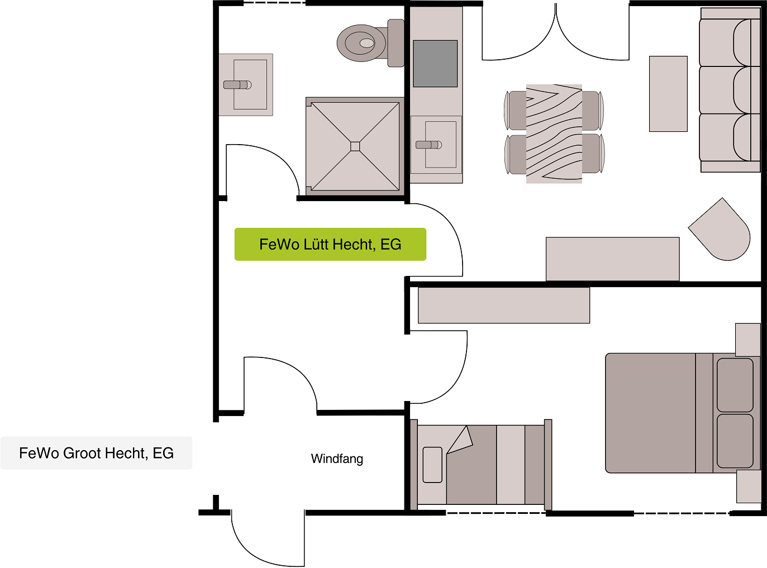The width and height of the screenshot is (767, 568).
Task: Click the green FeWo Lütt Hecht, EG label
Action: pyautogui.click(x=330, y=244)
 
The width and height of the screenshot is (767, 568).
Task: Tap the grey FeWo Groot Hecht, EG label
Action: pyautogui.click(x=96, y=453)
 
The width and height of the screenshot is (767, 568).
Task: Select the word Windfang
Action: pyautogui.click(x=337, y=459)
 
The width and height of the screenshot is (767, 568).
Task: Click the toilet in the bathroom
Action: pyautogui.click(x=370, y=43)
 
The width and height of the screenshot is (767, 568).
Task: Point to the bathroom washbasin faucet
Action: pyautogui.click(x=237, y=85)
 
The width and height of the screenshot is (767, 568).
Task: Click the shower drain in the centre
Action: pyautogui.click(x=355, y=146)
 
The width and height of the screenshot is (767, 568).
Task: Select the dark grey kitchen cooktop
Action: pyautogui.click(x=435, y=64)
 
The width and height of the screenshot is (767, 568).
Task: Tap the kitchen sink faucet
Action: pyautogui.click(x=428, y=145)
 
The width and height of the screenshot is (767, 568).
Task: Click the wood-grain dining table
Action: pyautogui.click(x=554, y=134)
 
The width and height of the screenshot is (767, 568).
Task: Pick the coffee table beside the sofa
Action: pyautogui.click(x=668, y=94)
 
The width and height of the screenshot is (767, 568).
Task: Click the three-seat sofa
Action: pyautogui.click(x=730, y=90)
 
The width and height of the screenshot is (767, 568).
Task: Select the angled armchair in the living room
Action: pyautogui.click(x=721, y=231)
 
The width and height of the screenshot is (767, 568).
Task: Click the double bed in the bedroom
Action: pyautogui.click(x=683, y=413)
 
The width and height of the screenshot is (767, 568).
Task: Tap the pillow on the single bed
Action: pyautogui.click(x=432, y=465)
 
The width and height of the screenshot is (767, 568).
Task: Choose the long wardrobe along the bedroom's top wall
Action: pyautogui.click(x=504, y=306)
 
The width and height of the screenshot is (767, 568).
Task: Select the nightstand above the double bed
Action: pyautogui.click(x=748, y=340)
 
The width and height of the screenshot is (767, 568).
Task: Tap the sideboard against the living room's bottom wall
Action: pyautogui.click(x=612, y=259)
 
